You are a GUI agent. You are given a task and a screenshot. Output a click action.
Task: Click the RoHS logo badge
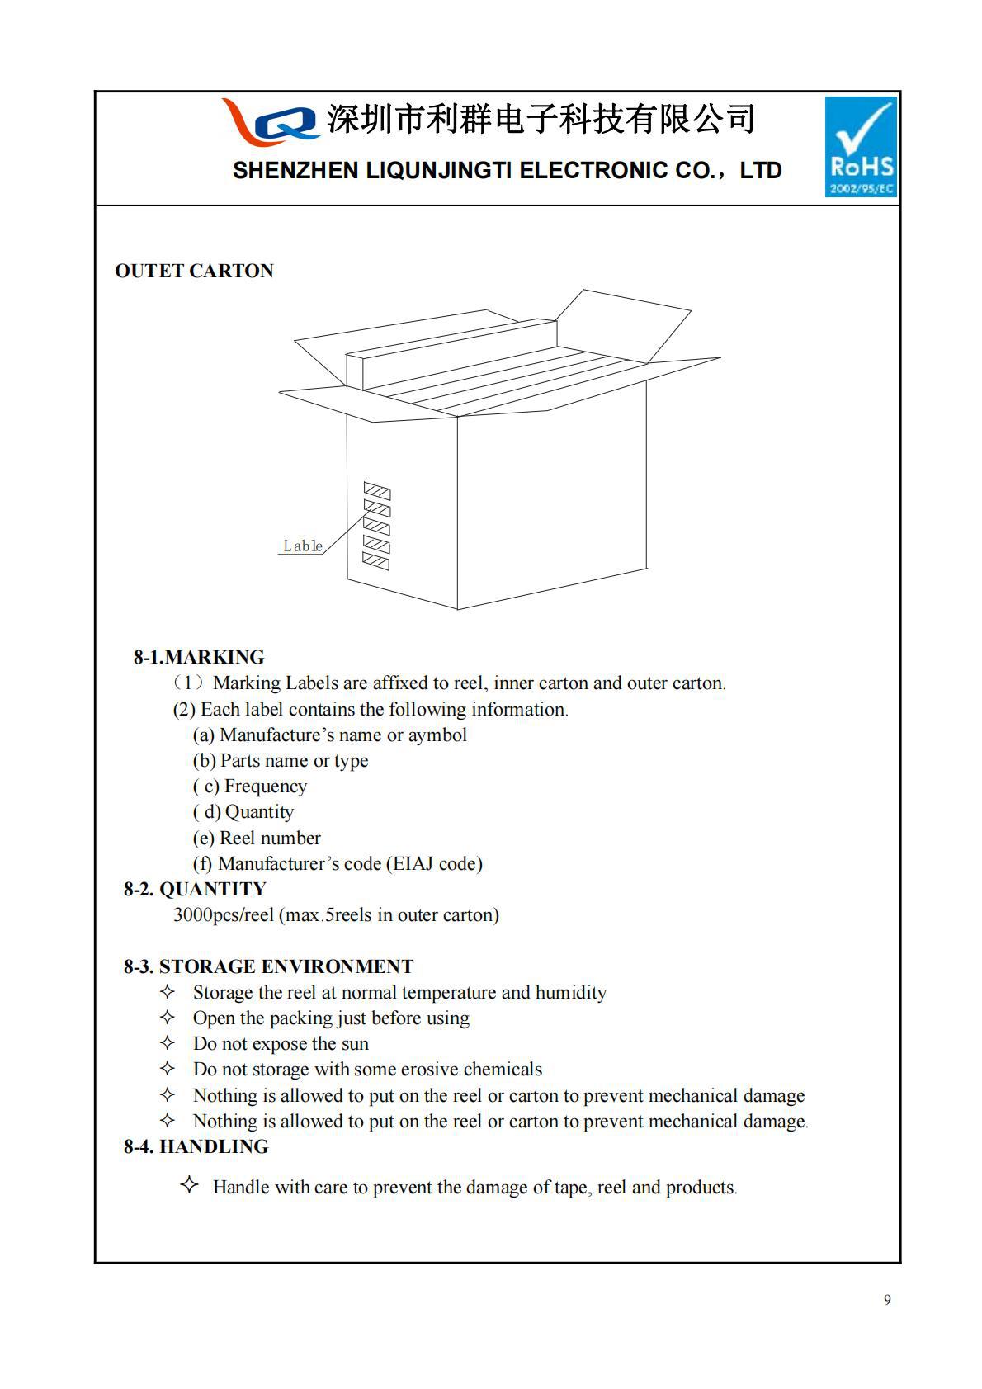coord(861,147)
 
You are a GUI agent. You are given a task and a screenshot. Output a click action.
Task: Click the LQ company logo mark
coord(270,120)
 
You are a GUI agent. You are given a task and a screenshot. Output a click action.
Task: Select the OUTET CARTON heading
coord(194,271)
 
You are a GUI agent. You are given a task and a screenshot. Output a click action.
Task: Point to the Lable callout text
coord(302,546)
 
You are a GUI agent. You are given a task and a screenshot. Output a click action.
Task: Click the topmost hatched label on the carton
coord(377,492)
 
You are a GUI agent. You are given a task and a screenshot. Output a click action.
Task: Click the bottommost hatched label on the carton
coord(376,563)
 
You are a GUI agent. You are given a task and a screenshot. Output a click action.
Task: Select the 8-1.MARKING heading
coord(199,657)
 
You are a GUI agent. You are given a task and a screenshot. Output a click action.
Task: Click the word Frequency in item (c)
coord(265,786)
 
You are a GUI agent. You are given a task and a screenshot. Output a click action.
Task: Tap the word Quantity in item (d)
coord(259,812)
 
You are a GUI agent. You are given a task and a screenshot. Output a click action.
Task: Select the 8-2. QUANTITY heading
coord(195,889)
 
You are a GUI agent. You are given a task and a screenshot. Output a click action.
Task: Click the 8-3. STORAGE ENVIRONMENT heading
coord(268,966)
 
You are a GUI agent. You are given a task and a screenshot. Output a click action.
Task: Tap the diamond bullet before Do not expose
coord(168,1043)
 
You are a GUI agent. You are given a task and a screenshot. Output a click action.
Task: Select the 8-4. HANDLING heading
coord(196,1146)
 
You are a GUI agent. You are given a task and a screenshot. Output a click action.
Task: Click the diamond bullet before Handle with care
coord(189,1186)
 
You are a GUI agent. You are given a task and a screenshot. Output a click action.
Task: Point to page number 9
coord(887,1301)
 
